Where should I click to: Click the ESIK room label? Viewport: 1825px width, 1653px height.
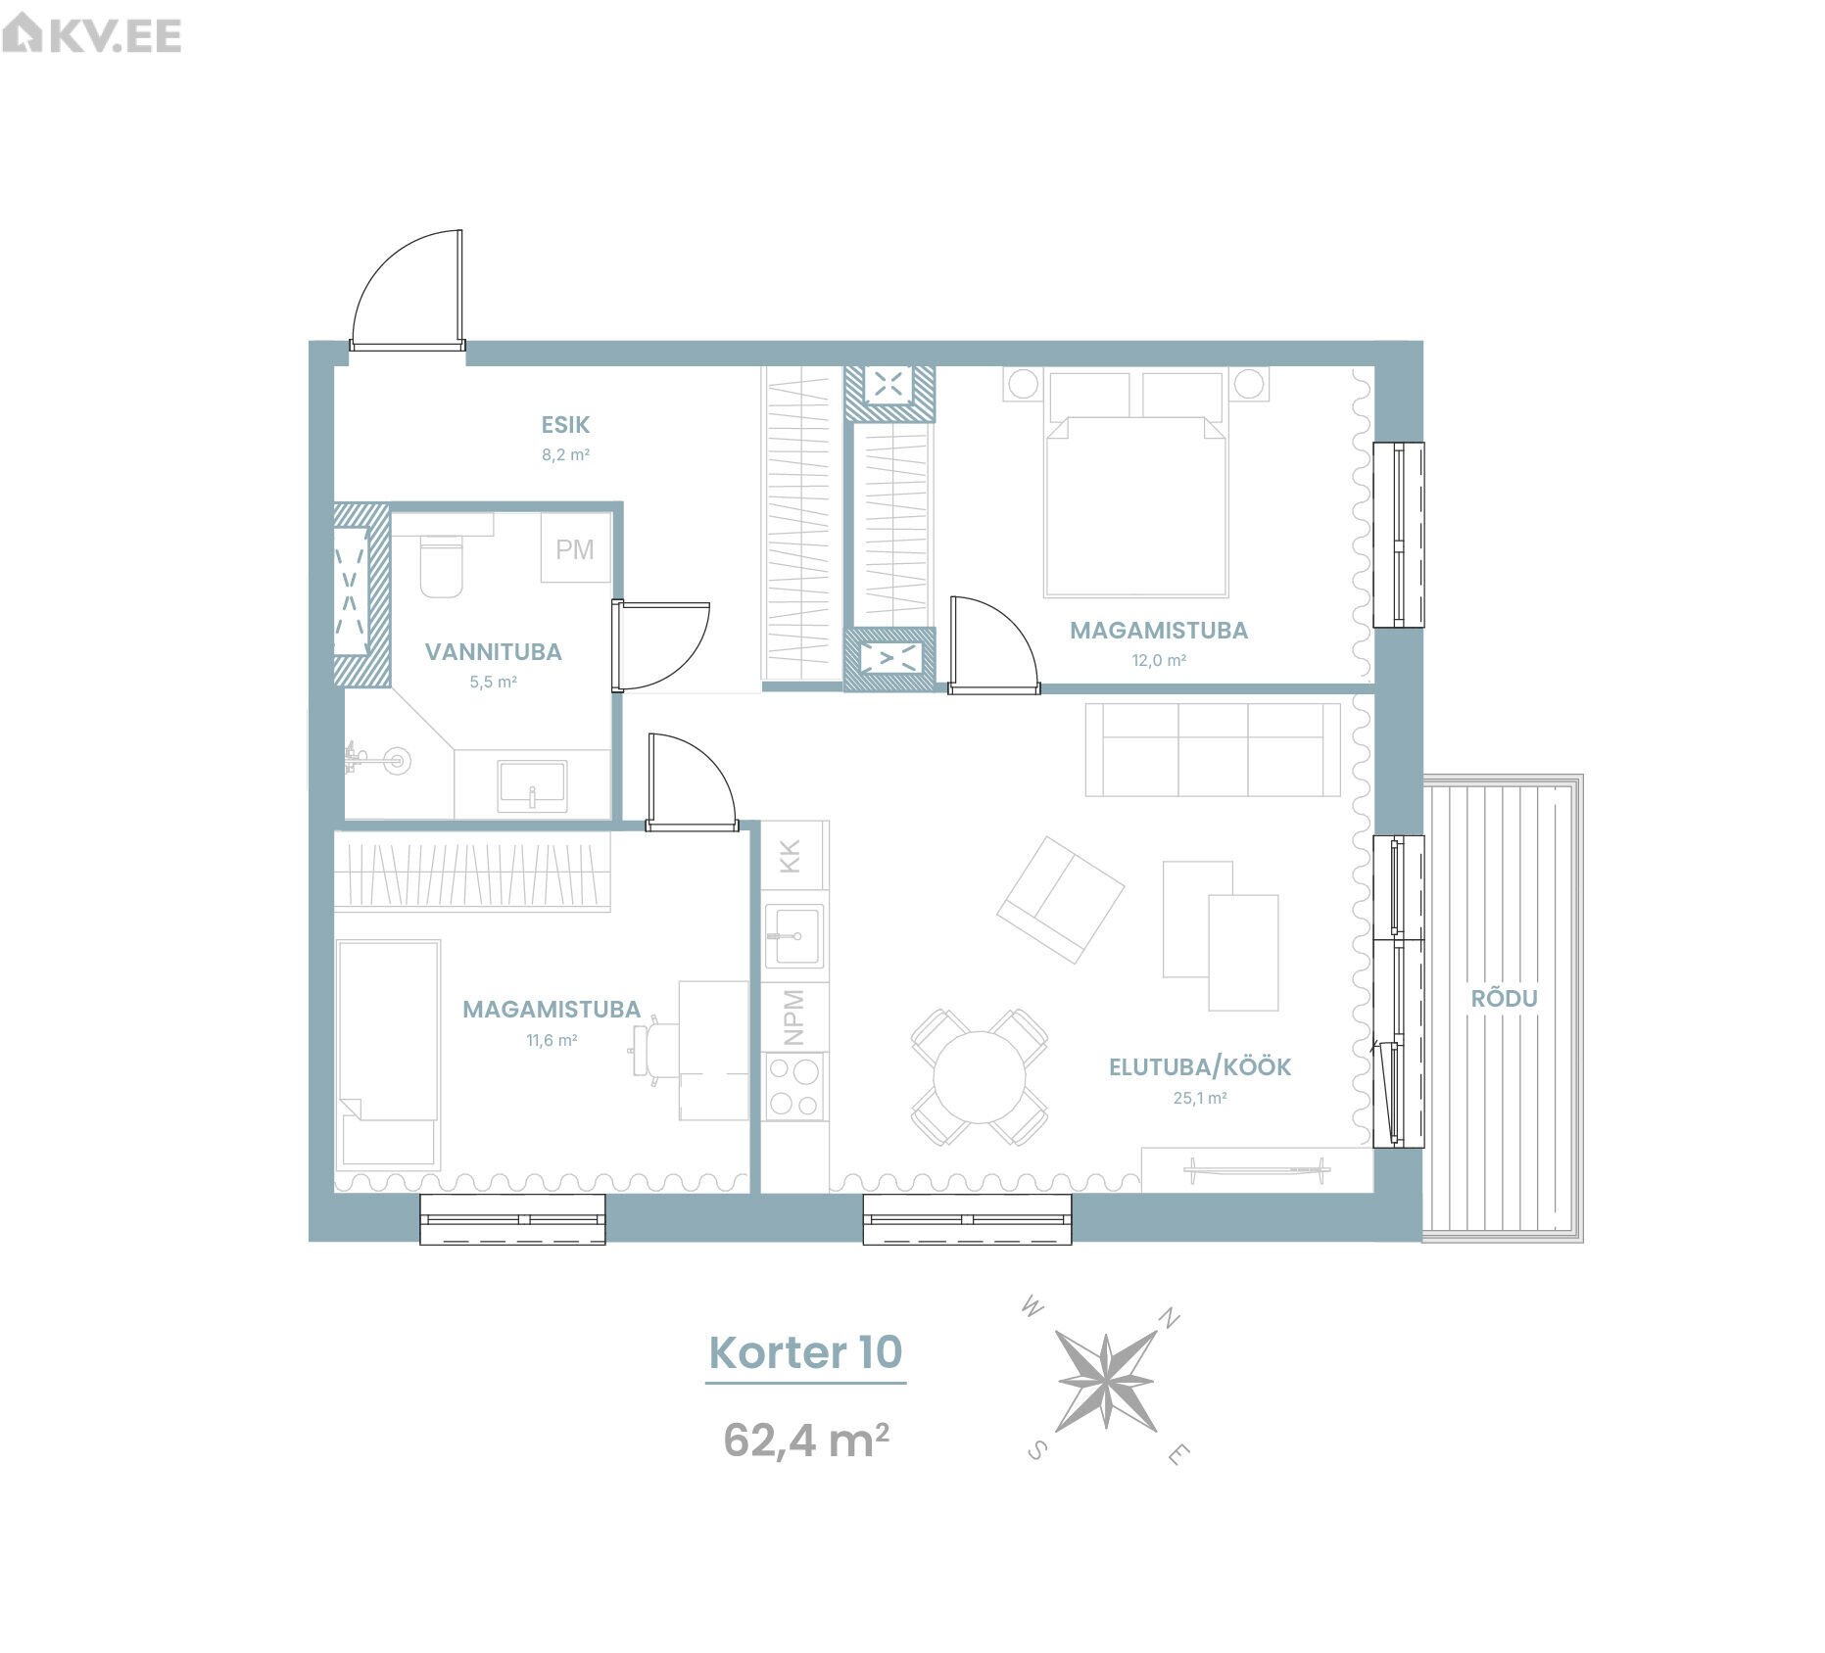tap(565, 425)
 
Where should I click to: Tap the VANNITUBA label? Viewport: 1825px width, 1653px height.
tap(493, 652)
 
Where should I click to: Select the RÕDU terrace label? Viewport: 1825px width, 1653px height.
tap(1504, 998)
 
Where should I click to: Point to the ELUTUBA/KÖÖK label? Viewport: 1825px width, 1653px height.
tap(1200, 1066)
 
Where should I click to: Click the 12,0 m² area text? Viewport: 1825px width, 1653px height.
tap(1159, 660)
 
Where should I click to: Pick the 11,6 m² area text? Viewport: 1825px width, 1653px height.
tap(552, 1040)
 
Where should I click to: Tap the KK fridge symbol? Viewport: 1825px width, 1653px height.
tap(794, 855)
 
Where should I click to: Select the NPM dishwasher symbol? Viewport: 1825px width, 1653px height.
tap(794, 1016)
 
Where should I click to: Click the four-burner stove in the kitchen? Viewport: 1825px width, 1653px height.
tap(794, 1087)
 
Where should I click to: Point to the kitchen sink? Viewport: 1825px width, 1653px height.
tap(794, 936)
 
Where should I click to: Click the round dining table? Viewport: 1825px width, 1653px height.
tap(980, 1077)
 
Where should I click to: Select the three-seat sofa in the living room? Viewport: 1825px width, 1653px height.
tap(1212, 749)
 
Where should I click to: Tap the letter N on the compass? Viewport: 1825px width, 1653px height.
tap(1169, 1318)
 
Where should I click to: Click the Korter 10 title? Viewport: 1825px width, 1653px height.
tap(805, 1352)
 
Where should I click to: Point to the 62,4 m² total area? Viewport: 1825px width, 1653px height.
tap(806, 1440)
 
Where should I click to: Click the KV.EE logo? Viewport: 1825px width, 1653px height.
tap(92, 35)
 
